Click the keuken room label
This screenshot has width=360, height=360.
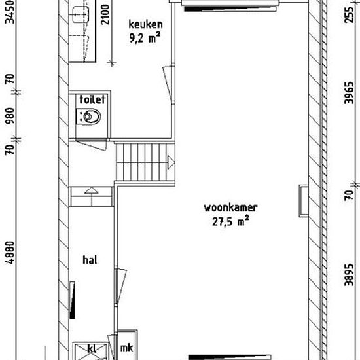[145, 25]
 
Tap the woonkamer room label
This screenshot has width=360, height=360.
[231, 207]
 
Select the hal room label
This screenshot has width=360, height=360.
[90, 260]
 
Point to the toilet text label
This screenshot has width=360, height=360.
[92, 99]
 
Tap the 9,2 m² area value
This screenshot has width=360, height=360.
[145, 38]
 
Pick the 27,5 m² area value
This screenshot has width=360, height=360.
[230, 221]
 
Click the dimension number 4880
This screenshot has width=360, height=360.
[10, 252]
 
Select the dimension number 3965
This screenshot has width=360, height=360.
[349, 93]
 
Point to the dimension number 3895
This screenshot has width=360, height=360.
[349, 275]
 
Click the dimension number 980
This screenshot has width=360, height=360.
[10, 115]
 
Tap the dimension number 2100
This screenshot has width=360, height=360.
[105, 14]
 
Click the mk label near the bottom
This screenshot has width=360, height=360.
[126, 348]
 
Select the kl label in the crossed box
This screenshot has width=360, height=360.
[92, 348]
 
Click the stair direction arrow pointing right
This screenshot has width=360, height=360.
[171, 162]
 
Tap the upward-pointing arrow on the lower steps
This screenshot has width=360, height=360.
[92, 190]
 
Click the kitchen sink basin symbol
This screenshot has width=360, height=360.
[79, 14]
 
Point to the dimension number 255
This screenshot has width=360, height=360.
[349, 15]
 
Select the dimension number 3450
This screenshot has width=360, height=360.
[10, 12]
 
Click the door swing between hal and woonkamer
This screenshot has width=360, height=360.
[120, 286]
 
